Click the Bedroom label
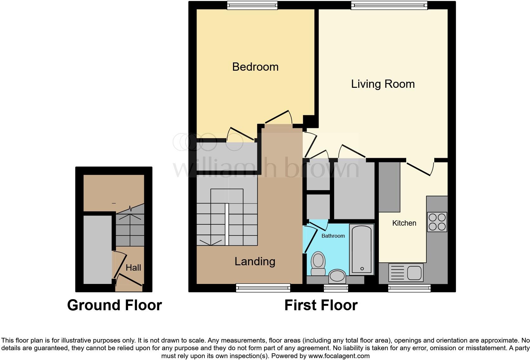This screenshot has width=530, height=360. (255, 67)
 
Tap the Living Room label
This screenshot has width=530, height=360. (383, 84)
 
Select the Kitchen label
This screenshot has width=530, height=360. (404, 223)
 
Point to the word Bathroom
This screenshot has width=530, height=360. (333, 236)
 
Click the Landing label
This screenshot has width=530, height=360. (255, 261)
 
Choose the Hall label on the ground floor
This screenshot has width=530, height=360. (133, 268)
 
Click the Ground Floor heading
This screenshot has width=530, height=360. (114, 305)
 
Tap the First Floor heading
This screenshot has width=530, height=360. (321, 305)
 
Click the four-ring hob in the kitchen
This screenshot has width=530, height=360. (437, 222)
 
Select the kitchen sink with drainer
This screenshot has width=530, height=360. (405, 273)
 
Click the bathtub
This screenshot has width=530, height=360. (362, 249)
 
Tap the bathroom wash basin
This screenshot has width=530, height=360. (337, 276)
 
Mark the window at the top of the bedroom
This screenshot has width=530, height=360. (252, 5)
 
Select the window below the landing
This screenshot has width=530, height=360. (263, 288)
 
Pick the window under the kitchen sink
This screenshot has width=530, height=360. (409, 288)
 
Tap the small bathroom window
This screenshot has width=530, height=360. (336, 288)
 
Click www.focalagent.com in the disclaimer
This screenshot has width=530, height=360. (339, 356)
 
